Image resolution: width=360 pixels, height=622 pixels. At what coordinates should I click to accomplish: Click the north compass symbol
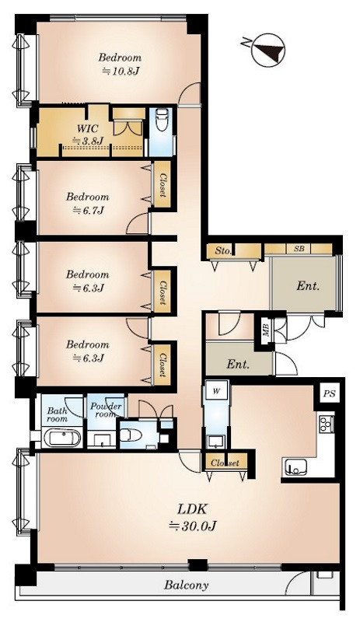pos(267,49)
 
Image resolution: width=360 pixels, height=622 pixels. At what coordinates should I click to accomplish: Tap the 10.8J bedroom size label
pos(121,72)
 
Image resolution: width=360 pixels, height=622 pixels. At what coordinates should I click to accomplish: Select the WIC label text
pos(88,128)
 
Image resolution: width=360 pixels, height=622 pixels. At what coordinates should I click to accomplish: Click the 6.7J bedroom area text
pos(88,211)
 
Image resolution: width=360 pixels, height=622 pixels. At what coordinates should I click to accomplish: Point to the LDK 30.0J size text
pos(192,526)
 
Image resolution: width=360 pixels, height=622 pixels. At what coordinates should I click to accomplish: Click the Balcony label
pos(187,585)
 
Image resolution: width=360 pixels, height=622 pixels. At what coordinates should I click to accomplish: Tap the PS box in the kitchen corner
pos(329,394)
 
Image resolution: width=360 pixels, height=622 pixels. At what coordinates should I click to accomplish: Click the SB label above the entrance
pos(299,249)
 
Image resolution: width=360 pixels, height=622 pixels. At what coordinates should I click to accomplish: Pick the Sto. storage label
pos(222,251)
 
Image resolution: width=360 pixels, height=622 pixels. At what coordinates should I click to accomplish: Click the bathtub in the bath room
pos(62,438)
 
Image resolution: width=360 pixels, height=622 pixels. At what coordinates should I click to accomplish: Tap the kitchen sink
pos(295,467)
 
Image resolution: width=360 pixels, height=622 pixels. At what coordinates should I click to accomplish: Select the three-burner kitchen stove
pos(326,423)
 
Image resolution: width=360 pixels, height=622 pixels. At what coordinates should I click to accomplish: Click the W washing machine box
pos(216,391)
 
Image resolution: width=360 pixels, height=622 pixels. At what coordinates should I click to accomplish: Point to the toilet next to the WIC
pos(162,121)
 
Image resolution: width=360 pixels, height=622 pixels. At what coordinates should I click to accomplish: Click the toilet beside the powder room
pos(131,435)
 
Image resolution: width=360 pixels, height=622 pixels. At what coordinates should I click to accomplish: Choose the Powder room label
pos(106,410)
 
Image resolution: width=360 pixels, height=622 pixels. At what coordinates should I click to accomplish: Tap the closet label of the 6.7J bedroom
pos(163,185)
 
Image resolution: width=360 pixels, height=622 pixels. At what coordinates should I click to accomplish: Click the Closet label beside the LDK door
pos(225,463)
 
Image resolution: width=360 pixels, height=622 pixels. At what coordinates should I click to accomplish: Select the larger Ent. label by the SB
pos(308,286)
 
